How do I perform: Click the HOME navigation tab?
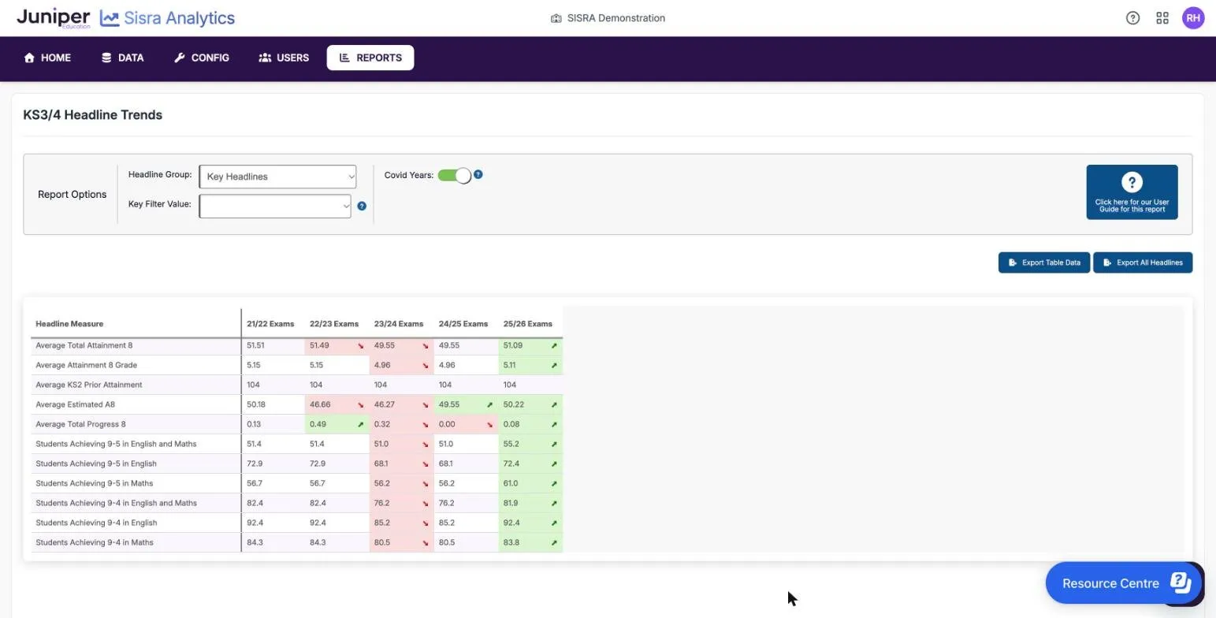(x=47, y=58)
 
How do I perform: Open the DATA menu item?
(x=123, y=58)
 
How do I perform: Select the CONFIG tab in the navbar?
(x=202, y=58)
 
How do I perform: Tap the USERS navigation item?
(x=284, y=58)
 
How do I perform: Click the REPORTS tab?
(x=370, y=58)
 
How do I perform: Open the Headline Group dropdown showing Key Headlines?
(x=277, y=177)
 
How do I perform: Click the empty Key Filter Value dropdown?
(x=275, y=206)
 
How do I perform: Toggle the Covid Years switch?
(x=455, y=176)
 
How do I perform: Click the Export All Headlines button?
(x=1143, y=262)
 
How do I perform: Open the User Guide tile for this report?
(x=1132, y=192)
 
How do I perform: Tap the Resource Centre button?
(x=1123, y=583)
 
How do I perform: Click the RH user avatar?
(x=1193, y=18)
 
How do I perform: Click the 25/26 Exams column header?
(x=528, y=324)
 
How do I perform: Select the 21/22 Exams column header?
(x=270, y=324)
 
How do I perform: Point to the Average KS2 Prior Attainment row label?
(x=89, y=385)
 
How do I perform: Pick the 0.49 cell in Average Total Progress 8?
(x=337, y=424)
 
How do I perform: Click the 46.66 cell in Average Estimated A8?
(x=337, y=404)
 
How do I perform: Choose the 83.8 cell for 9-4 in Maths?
(x=530, y=542)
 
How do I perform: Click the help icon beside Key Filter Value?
(x=362, y=206)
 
